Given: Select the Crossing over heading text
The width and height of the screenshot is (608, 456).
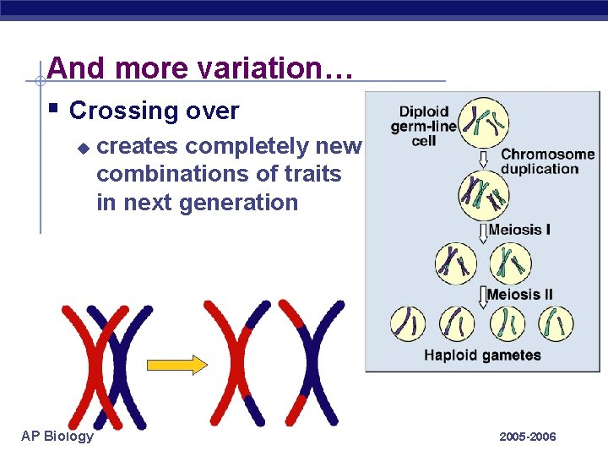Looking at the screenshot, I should coord(154,111).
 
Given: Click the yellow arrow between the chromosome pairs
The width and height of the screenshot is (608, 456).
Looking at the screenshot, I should coord(176,365).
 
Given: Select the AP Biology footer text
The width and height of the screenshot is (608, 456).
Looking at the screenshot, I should coord(57,436).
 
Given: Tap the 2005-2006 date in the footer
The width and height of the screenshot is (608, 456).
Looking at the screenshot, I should coord(527,437).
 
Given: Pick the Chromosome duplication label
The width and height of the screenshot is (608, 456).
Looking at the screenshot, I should coord(547,161).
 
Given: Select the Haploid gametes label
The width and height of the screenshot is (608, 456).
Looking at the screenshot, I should coord(482,355).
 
